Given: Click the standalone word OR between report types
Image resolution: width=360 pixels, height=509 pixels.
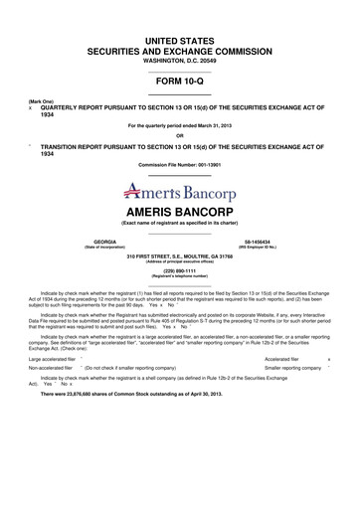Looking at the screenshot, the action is click(x=180, y=135).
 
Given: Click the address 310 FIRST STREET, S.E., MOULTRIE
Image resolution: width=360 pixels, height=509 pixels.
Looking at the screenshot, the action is click(x=180, y=255).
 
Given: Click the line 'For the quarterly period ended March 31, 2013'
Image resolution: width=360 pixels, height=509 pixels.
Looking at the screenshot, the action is click(x=180, y=126).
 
